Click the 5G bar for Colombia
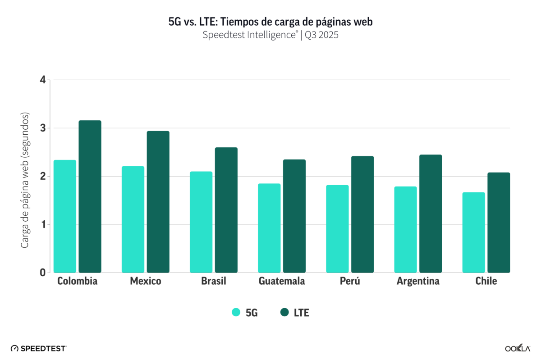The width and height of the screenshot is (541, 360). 65,216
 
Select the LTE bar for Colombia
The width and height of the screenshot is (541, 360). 90,196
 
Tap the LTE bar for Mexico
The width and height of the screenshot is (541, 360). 158,202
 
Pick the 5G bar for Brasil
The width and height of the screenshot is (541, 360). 201,222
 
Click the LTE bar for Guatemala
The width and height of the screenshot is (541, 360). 294,216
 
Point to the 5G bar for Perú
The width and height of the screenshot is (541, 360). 337,229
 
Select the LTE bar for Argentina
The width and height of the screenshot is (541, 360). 431,214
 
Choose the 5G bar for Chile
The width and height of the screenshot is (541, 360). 474,232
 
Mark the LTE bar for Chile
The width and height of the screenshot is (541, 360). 499,223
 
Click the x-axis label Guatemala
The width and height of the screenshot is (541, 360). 282,282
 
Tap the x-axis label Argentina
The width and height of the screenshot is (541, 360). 418,282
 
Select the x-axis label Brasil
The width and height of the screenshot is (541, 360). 214,282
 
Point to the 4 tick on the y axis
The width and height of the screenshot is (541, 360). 43,80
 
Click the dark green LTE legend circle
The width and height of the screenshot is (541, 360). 284,312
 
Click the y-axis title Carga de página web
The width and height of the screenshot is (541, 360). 25,180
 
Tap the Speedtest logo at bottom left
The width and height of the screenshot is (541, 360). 39,348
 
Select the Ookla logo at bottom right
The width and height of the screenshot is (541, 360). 517,348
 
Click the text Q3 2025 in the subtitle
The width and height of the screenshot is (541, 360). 321,36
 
